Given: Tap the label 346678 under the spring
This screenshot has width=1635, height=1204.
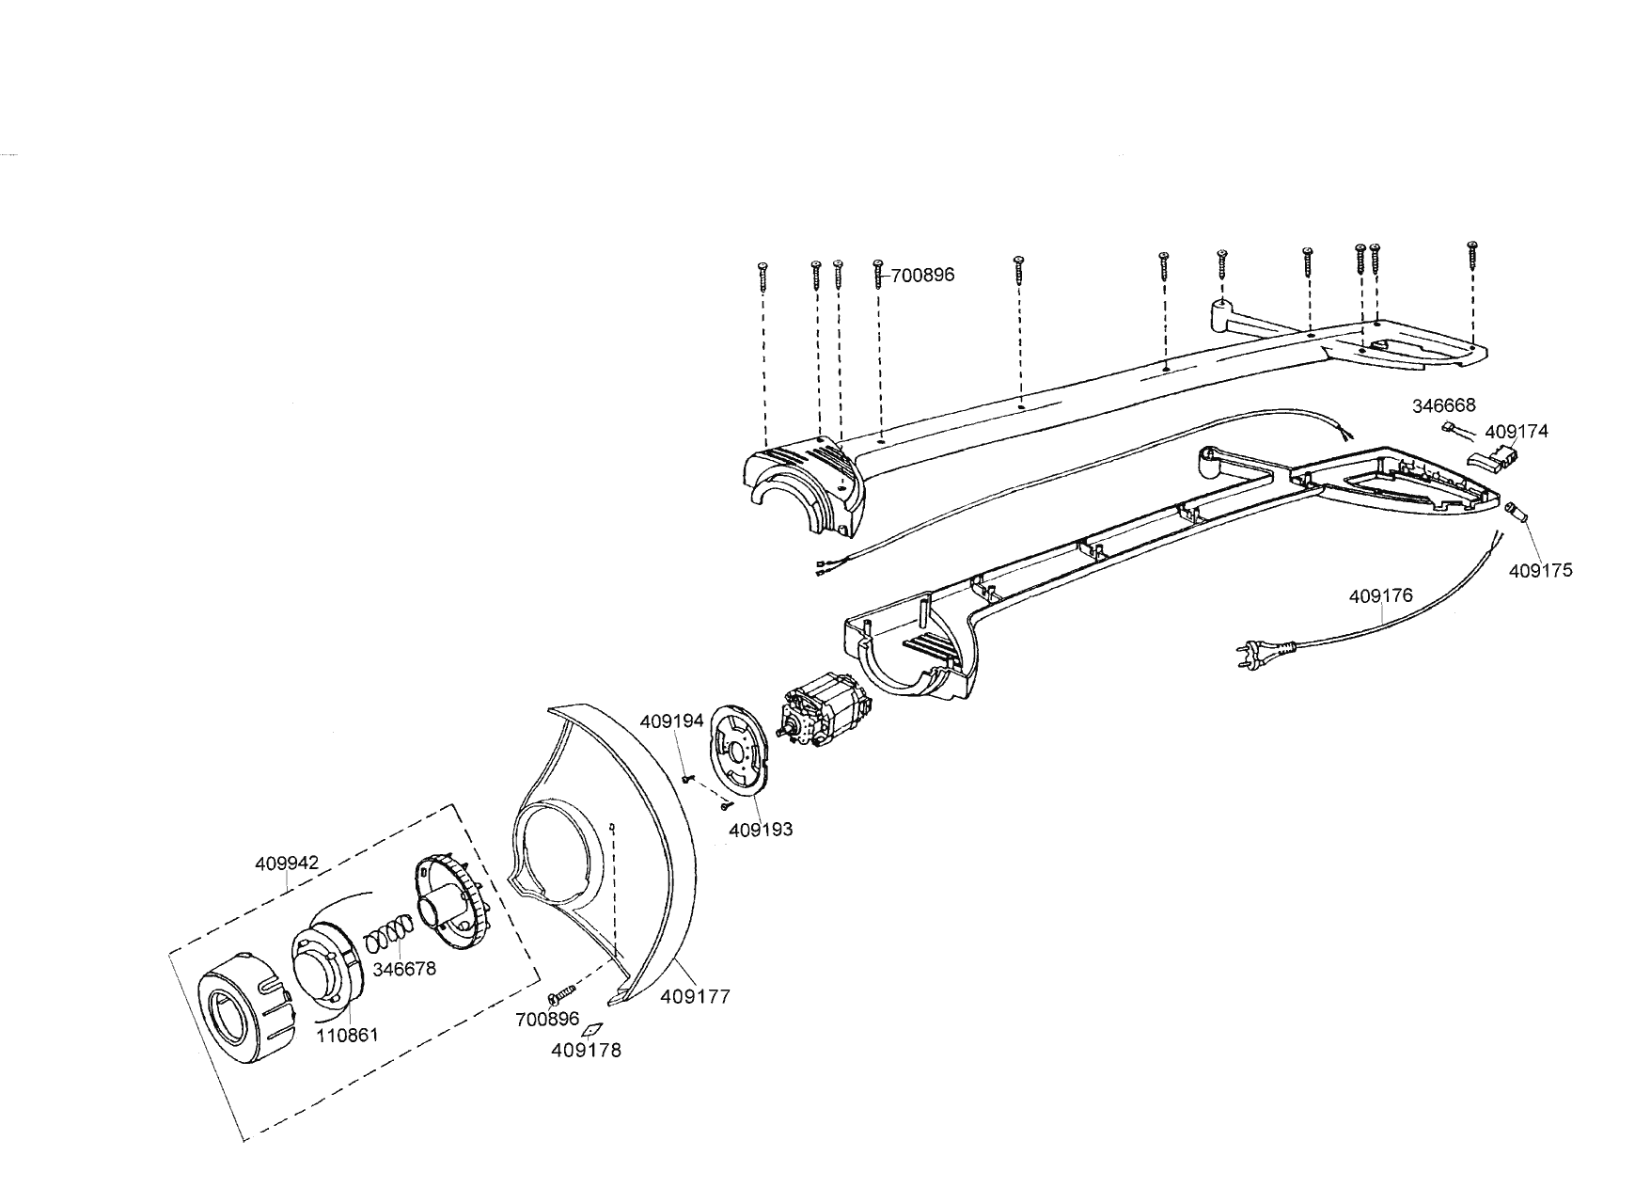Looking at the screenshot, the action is point(404,968).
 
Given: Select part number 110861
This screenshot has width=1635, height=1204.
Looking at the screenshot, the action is point(347,1035).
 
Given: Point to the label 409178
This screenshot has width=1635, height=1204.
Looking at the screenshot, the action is point(586,1051).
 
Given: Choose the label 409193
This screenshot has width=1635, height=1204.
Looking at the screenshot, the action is point(761,830).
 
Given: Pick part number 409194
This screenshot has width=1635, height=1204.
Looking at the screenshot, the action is point(671,721).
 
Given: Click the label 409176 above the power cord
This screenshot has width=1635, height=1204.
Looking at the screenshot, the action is point(1380,596).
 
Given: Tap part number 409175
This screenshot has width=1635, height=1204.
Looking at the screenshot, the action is point(1540,570).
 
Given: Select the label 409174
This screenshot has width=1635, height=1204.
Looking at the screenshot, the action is point(1517,432).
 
